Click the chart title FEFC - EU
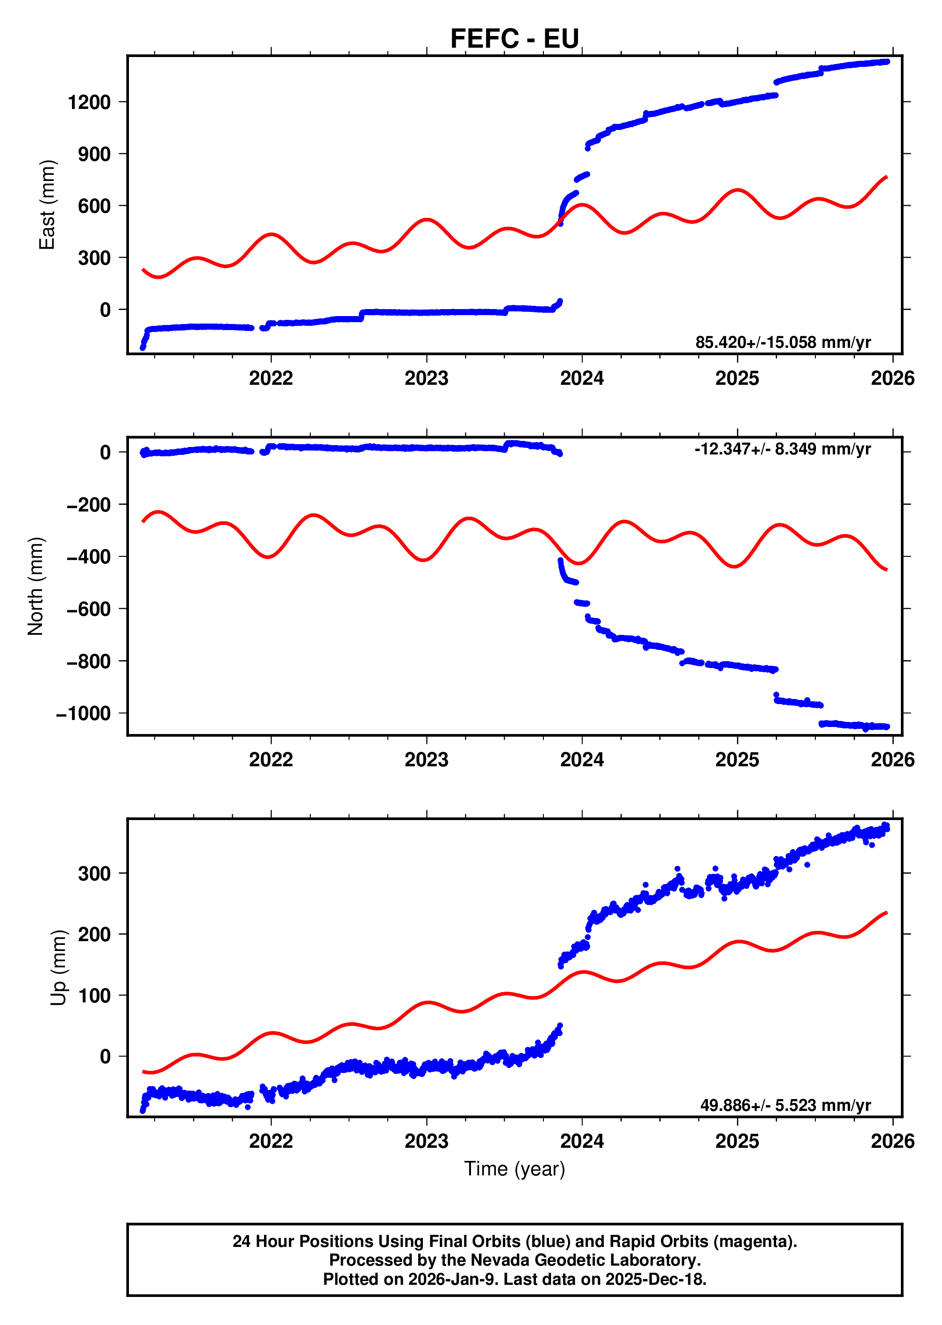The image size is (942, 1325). (x=514, y=39)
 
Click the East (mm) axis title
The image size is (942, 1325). (x=46, y=205)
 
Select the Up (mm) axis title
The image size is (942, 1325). (x=58, y=967)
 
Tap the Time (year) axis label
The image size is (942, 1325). (x=514, y=1168)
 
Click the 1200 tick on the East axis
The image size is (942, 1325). (x=89, y=102)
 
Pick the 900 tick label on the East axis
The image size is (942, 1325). (x=94, y=154)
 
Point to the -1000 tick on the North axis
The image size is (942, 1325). (x=83, y=713)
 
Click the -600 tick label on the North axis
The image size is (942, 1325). (x=88, y=609)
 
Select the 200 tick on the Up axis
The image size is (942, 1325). (x=94, y=935)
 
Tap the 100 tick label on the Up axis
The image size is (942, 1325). (x=94, y=995)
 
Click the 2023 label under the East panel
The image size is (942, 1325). (x=426, y=378)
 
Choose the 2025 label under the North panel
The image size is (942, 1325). (x=737, y=760)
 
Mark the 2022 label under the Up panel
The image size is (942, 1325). (x=271, y=1141)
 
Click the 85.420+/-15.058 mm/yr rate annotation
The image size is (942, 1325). (x=783, y=342)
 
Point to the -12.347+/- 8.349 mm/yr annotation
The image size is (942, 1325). (x=783, y=449)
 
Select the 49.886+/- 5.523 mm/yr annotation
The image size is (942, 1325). (x=785, y=1105)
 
